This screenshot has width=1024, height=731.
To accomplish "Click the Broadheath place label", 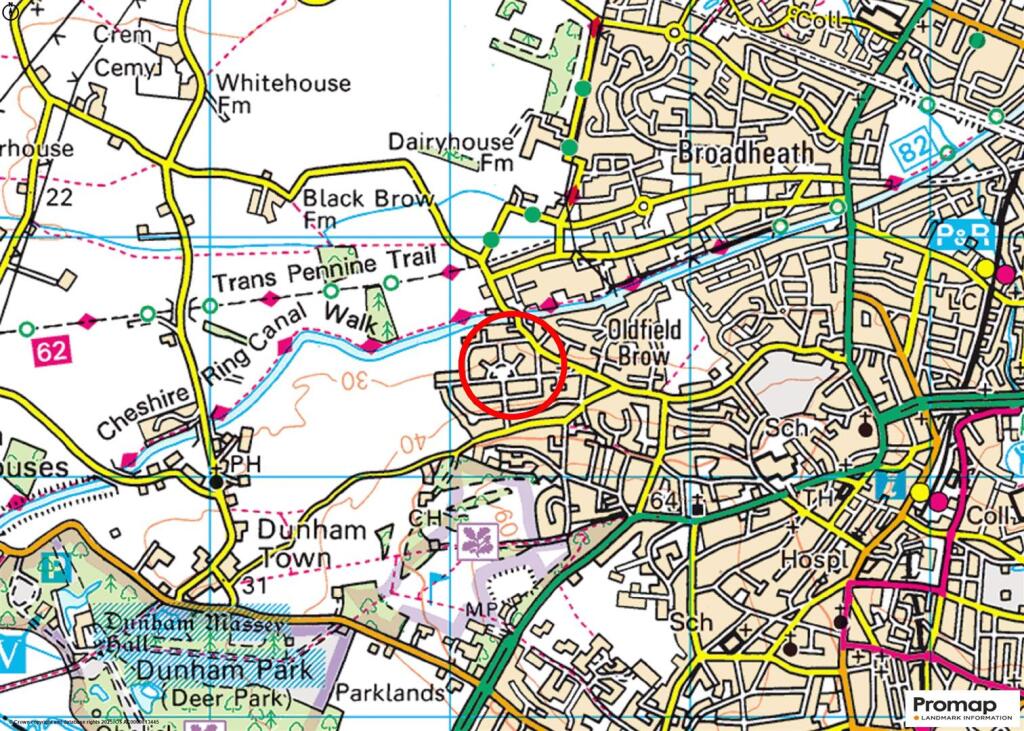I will coord(745,152).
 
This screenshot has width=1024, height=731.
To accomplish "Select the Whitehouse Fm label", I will coord(284,92).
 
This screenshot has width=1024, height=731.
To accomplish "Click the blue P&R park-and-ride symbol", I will coord(962,236).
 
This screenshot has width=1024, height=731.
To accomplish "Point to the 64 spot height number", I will coord(663,500).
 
